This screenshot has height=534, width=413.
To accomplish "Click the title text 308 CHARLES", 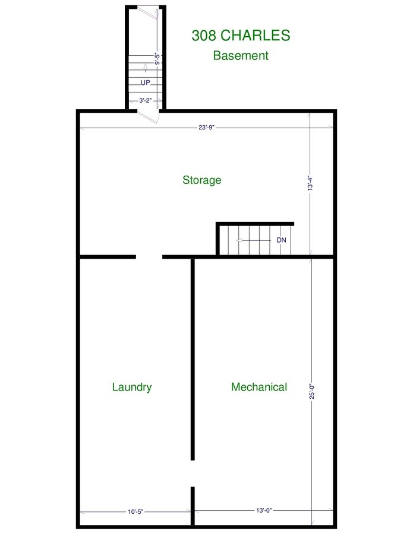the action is (x=241, y=36).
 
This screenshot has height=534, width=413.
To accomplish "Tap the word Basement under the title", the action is (x=241, y=56).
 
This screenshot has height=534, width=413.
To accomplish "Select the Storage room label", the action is (x=202, y=180).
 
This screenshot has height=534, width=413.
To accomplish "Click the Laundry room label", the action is (x=132, y=387).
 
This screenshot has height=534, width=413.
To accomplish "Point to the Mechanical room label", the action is (x=259, y=387).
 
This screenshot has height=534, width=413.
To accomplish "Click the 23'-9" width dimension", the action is (x=206, y=128).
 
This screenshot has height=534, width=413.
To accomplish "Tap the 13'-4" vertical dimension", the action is (x=310, y=183).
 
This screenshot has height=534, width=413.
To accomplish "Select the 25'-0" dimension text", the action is (x=312, y=391).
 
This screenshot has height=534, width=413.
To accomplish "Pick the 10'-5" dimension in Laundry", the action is (x=135, y=511).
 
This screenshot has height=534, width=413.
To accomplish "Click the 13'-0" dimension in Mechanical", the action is (x=264, y=510).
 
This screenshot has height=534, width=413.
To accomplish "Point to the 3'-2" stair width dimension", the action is (x=145, y=100).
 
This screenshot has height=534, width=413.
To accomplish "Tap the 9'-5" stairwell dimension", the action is (x=157, y=58).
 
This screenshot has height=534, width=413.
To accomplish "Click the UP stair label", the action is (x=145, y=82).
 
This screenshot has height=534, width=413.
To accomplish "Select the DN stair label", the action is (x=281, y=240).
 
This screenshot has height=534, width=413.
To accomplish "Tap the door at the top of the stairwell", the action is (x=147, y=13).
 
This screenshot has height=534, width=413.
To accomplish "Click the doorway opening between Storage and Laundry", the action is (x=149, y=257).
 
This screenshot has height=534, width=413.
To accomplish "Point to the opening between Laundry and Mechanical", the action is (x=193, y=473).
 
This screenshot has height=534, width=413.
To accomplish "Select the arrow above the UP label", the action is (x=146, y=68).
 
